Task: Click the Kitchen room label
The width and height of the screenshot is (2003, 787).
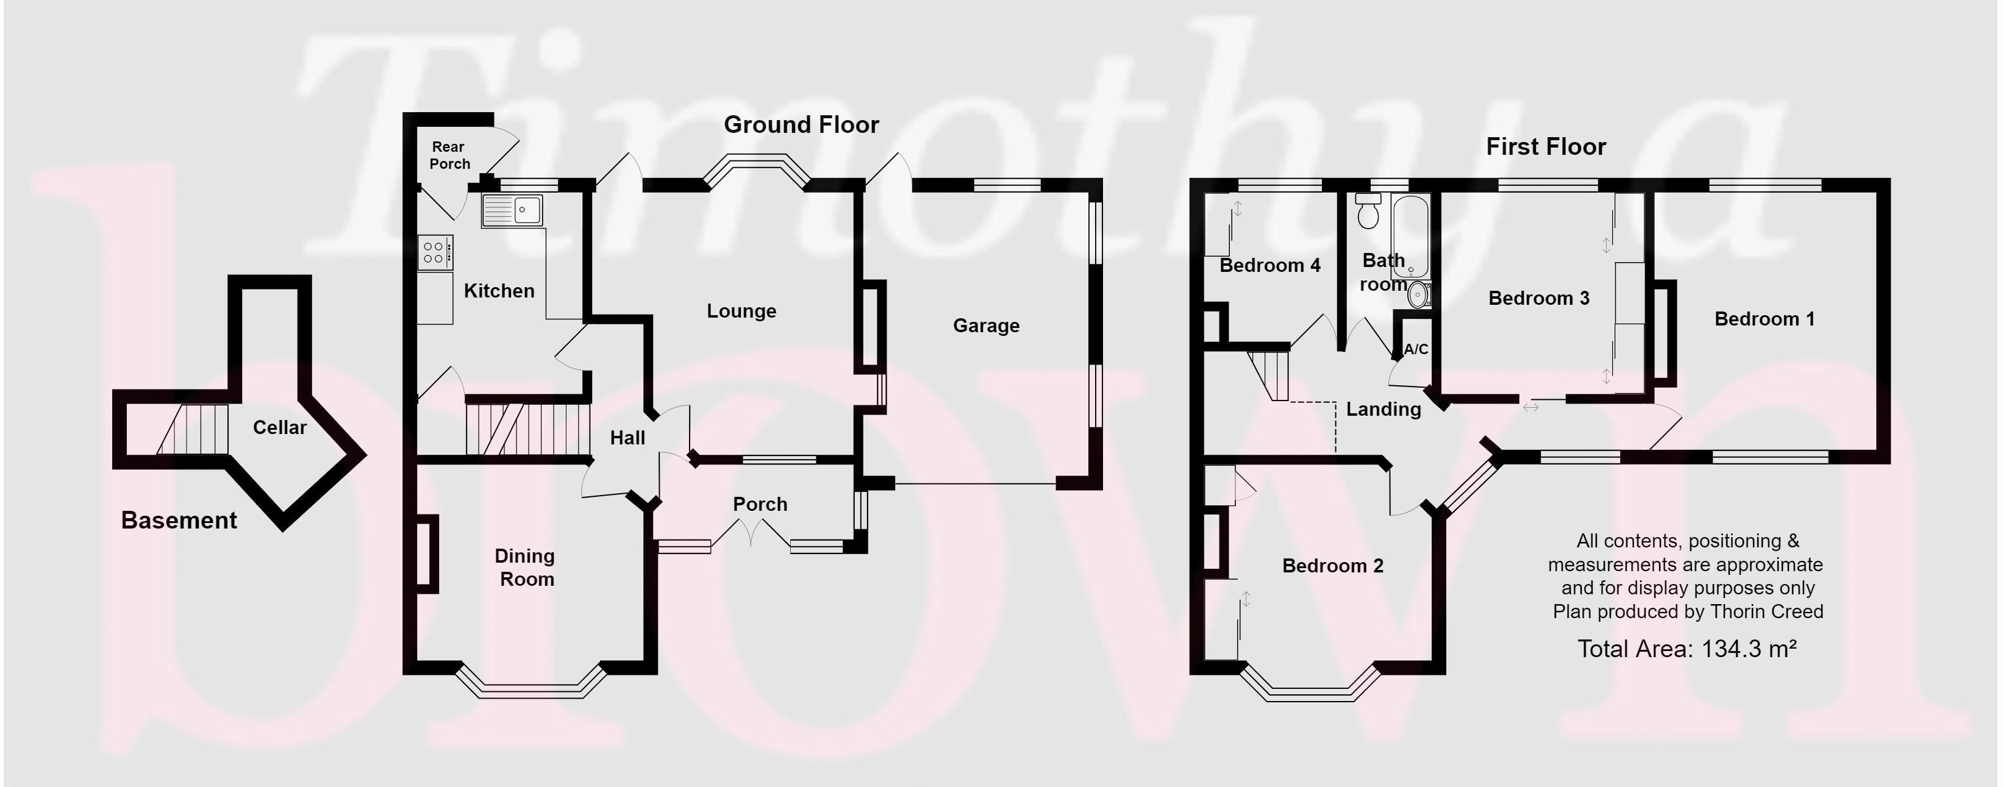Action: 499,291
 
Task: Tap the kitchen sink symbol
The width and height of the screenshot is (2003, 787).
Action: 512,210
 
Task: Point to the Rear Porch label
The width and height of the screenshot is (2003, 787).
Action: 449,155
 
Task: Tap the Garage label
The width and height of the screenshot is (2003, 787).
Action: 986,326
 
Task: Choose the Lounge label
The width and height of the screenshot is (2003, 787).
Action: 741,311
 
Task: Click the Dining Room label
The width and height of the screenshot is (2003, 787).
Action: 526,568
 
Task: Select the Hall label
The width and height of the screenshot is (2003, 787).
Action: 627,438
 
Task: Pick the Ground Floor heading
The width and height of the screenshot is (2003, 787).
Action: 801,124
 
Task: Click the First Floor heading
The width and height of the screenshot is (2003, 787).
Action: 1546,146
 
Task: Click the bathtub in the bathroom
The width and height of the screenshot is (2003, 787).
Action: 1410,237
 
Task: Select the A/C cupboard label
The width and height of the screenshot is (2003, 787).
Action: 1415,349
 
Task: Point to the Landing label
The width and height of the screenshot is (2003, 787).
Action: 1384,409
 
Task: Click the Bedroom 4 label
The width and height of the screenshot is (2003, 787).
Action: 1269,265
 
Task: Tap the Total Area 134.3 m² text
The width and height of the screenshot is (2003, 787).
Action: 1687,649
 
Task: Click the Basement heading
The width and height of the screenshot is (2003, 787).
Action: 179,520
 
